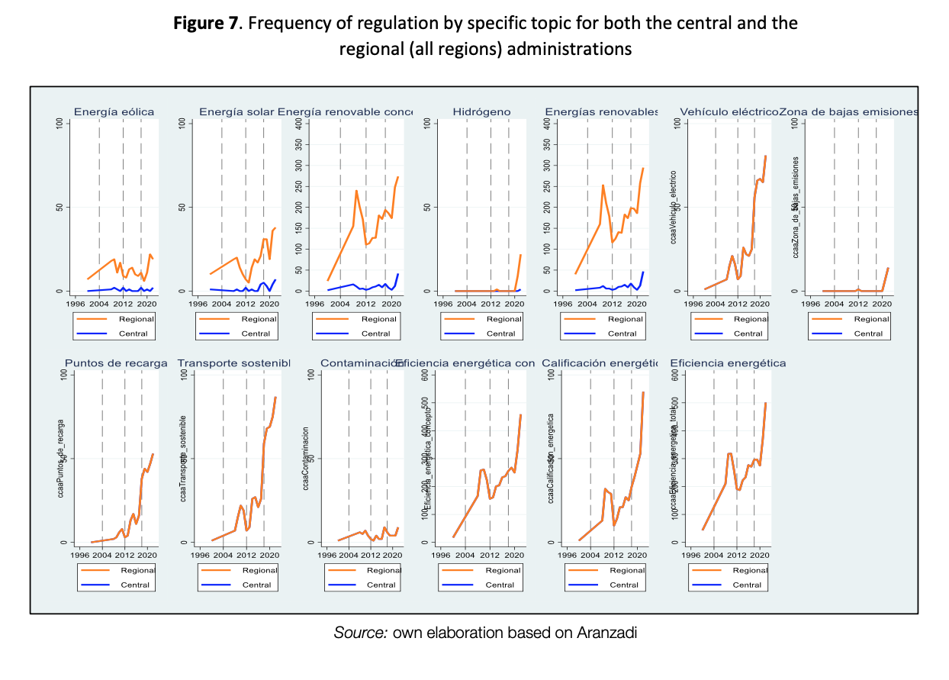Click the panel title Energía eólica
[114, 112]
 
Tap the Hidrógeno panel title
[481, 112]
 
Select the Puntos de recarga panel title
[116, 363]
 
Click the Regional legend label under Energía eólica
[136, 319]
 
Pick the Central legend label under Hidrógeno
[500, 334]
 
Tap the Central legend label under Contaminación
[381, 585]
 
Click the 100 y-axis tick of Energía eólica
[60, 123]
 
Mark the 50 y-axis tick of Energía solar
[183, 207]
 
